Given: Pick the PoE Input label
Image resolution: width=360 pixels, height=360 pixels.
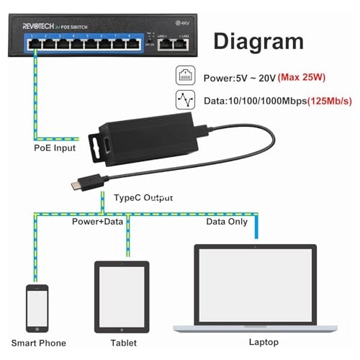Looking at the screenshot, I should tap(55, 149).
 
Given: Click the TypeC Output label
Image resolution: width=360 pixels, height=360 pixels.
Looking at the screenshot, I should tap(144, 197).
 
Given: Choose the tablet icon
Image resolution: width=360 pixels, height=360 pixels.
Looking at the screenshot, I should tap(122, 296).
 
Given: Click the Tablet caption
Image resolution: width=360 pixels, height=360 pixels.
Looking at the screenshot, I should tap(122, 343).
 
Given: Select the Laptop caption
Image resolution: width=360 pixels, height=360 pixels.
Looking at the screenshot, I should tap(256, 343).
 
